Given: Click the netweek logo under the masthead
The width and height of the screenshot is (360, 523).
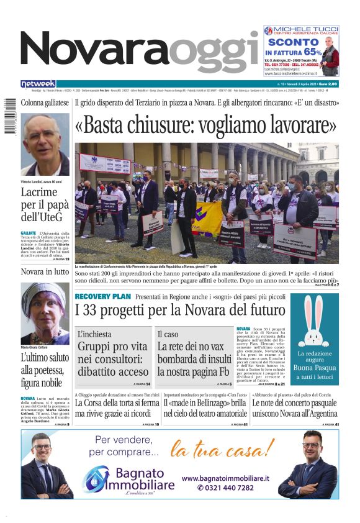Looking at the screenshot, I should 38,84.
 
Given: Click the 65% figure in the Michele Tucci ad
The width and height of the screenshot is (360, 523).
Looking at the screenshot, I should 312,52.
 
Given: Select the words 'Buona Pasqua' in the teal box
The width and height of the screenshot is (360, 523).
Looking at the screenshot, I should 317,367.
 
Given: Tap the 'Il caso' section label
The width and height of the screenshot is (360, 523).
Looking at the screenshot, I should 168,334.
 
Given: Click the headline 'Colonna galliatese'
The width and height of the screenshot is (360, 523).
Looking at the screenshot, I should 45,102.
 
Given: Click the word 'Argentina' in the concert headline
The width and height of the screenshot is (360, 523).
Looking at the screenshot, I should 319,414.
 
